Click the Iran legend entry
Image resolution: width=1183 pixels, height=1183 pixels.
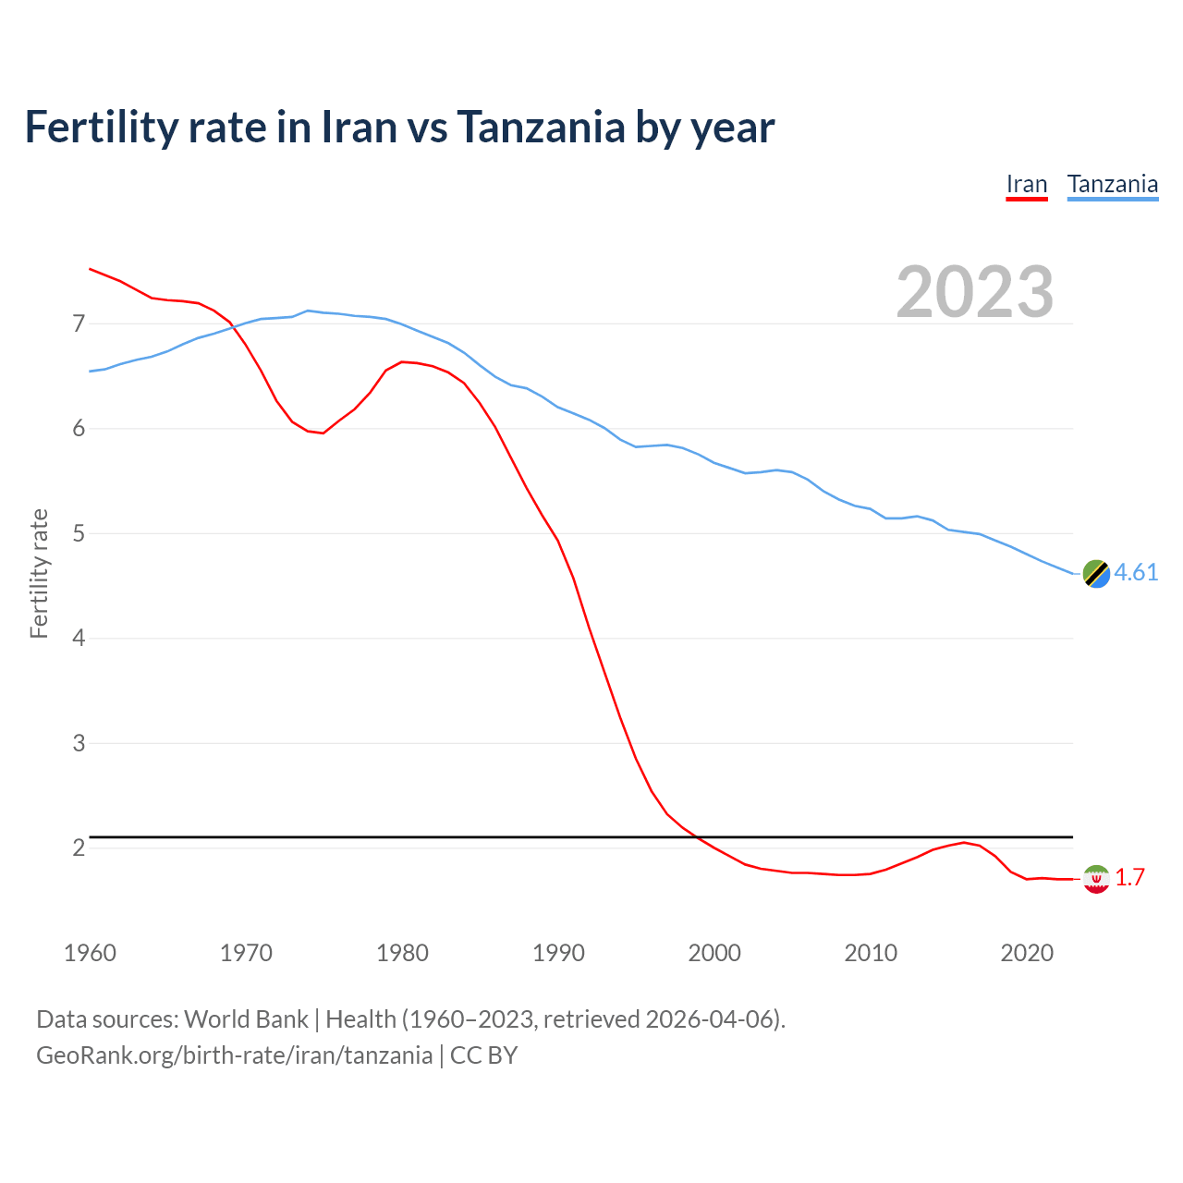pyautogui.click(x=1026, y=185)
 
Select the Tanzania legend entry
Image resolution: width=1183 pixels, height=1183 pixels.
pyautogui.click(x=1112, y=185)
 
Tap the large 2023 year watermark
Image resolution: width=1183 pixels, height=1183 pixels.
pyautogui.click(x=974, y=292)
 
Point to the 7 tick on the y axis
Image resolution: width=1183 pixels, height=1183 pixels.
pyautogui.click(x=79, y=323)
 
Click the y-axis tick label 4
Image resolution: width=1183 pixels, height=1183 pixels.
pyautogui.click(x=79, y=638)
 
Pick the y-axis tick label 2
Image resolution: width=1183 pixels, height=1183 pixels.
pyautogui.click(x=79, y=848)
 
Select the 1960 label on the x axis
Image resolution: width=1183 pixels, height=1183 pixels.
pyautogui.click(x=90, y=953)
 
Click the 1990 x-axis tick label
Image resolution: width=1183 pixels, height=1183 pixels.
pyautogui.click(x=558, y=953)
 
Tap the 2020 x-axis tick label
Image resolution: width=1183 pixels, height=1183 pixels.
pyautogui.click(x=1027, y=953)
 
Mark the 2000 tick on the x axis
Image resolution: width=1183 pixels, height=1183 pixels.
pyautogui.click(x=714, y=953)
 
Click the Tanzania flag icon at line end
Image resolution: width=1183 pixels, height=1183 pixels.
pyautogui.click(x=1096, y=573)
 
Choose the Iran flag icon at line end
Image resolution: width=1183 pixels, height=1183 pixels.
pyautogui.click(x=1096, y=879)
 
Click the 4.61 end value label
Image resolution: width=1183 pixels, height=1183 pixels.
pyautogui.click(x=1136, y=573)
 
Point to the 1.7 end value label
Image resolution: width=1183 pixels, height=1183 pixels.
pyautogui.click(x=1129, y=878)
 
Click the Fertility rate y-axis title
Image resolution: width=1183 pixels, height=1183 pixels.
pyautogui.click(x=39, y=573)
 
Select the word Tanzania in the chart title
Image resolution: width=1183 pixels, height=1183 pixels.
pyautogui.click(x=541, y=127)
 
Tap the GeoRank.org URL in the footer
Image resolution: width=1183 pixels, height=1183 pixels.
pyautogui.click(x=234, y=1055)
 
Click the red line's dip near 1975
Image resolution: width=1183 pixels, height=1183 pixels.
pyautogui.click(x=323, y=433)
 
